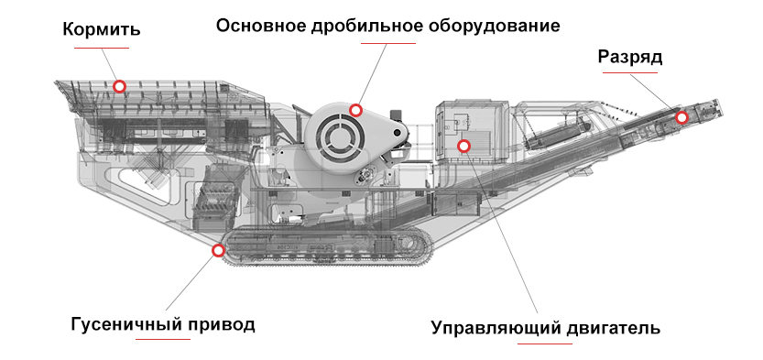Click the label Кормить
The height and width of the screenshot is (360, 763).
(x=101, y=28)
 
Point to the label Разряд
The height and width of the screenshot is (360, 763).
(x=630, y=57)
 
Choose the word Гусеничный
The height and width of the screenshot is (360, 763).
(x=126, y=324)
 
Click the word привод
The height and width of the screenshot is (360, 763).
(x=221, y=324)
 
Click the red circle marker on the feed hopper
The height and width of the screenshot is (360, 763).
(x=119, y=86)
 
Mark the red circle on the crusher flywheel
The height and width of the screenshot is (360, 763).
(x=355, y=110)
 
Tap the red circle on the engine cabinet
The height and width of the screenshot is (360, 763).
(x=463, y=146)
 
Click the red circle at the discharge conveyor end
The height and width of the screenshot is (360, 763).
(x=681, y=117)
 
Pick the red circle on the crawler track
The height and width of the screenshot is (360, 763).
(x=218, y=249)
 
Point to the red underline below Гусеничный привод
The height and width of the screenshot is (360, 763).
(x=162, y=341)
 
